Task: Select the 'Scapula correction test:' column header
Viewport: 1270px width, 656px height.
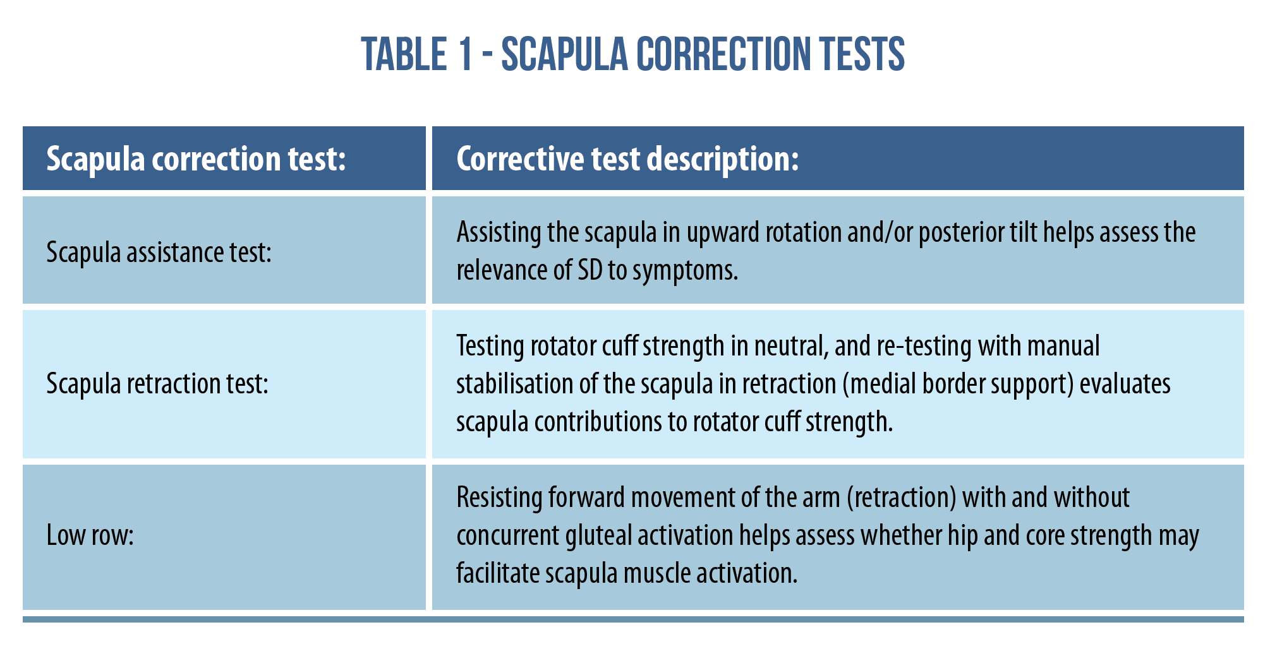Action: click(197, 159)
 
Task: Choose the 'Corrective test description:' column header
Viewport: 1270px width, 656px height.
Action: click(628, 159)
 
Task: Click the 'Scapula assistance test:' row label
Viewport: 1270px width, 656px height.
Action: click(159, 252)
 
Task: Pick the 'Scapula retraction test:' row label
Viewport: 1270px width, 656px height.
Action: click(158, 383)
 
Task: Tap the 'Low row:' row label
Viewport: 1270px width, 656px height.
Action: click(90, 535)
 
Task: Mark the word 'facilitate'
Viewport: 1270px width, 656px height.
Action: click(498, 573)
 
